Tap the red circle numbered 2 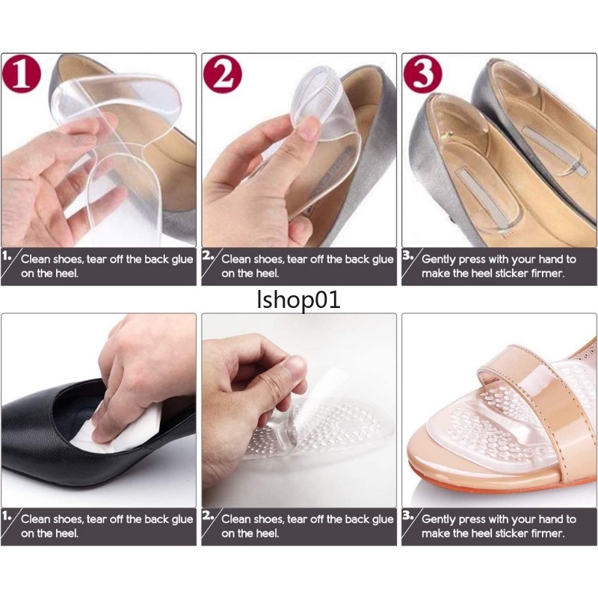coord(222,74)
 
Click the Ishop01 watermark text coord(298,300)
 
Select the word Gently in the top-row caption coord(439,259)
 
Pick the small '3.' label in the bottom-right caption coord(408,516)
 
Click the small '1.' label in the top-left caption coord(7,256)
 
